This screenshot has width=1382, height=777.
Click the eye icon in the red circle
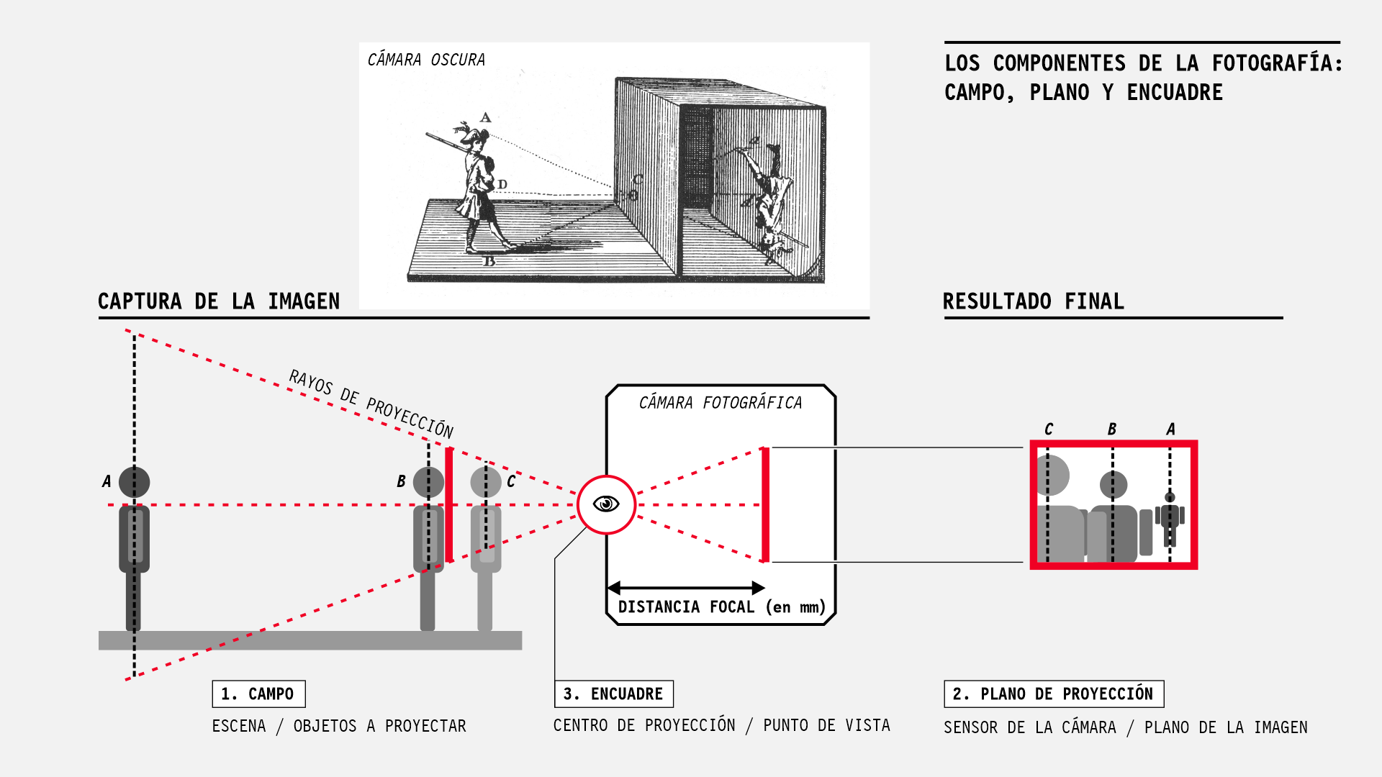[606, 504]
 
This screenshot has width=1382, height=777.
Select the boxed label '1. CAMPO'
[258, 694]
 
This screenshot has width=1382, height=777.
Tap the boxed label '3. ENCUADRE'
[614, 694]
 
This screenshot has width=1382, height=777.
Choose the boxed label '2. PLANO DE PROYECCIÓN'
[1053, 694]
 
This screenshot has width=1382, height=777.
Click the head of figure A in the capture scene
[134, 481]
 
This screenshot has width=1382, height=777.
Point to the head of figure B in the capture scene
[428, 482]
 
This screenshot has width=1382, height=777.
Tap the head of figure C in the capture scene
[486, 482]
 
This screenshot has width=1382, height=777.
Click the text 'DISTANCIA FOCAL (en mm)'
[721, 606]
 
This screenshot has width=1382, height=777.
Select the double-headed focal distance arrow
[685, 588]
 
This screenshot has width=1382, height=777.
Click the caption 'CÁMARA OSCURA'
[426, 60]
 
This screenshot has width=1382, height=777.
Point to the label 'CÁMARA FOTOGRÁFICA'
[720, 403]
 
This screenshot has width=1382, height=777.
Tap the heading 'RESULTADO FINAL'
[1033, 301]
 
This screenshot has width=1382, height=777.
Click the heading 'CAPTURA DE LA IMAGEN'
[219, 301]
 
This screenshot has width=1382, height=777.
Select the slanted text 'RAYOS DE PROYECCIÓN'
[371, 404]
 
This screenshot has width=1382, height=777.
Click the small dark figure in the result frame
[1170, 518]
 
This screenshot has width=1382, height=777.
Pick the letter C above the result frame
[1049, 430]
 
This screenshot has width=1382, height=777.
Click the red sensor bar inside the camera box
[765, 504]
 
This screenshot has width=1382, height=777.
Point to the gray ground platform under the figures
[310, 640]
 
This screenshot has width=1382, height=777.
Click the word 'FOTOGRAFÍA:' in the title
[1277, 63]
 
